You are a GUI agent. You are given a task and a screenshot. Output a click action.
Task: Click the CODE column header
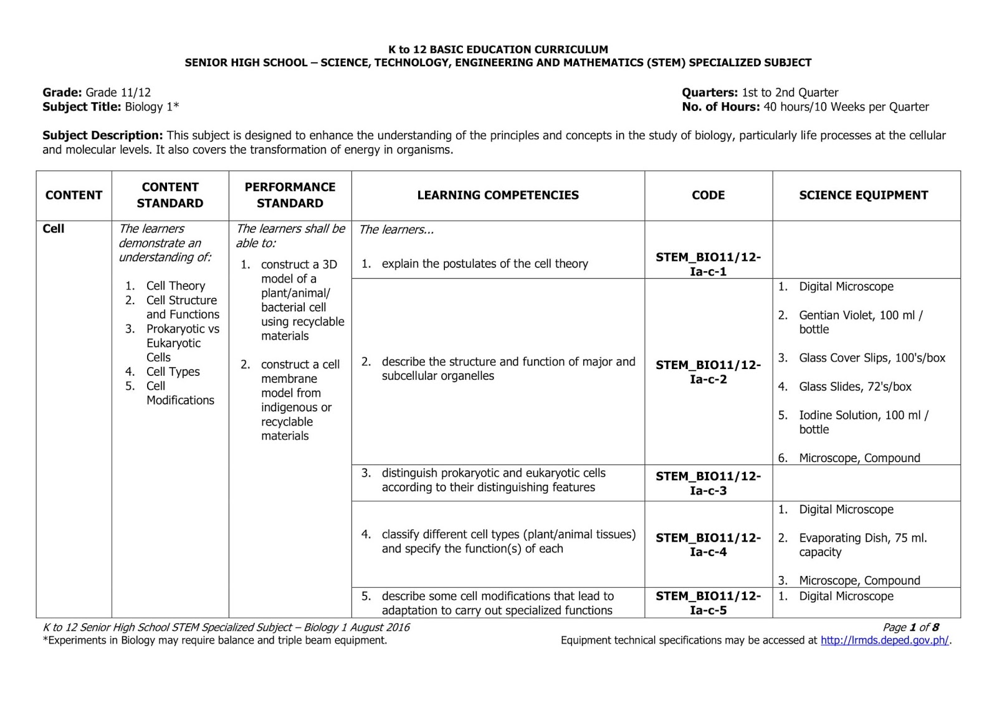(x=708, y=195)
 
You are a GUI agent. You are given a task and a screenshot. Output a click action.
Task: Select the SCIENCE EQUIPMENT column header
(x=863, y=195)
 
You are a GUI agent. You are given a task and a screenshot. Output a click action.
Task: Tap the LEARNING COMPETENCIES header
(x=497, y=195)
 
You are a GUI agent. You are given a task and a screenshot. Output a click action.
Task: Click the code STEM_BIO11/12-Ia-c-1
(x=708, y=264)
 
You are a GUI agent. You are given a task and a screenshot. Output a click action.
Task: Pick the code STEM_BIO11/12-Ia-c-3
(x=708, y=483)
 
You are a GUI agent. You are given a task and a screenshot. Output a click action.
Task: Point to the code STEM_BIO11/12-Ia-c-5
(x=708, y=603)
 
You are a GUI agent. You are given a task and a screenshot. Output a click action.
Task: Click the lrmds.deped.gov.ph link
(x=884, y=640)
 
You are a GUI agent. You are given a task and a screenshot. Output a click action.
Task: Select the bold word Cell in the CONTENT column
(x=54, y=229)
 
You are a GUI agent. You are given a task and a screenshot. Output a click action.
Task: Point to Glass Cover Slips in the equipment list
(x=871, y=358)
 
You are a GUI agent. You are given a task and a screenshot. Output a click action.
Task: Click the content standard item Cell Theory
(x=175, y=285)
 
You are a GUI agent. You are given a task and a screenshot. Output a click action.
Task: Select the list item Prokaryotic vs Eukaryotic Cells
(x=182, y=343)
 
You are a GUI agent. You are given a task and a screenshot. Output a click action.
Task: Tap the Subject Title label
(x=82, y=107)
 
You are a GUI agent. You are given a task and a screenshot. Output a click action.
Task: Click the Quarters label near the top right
(x=709, y=92)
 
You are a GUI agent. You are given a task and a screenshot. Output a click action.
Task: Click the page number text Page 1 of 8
(x=910, y=627)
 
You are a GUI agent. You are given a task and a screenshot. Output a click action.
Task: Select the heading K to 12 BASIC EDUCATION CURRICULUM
(x=498, y=49)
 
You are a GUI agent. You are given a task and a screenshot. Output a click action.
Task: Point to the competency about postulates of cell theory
(x=484, y=264)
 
